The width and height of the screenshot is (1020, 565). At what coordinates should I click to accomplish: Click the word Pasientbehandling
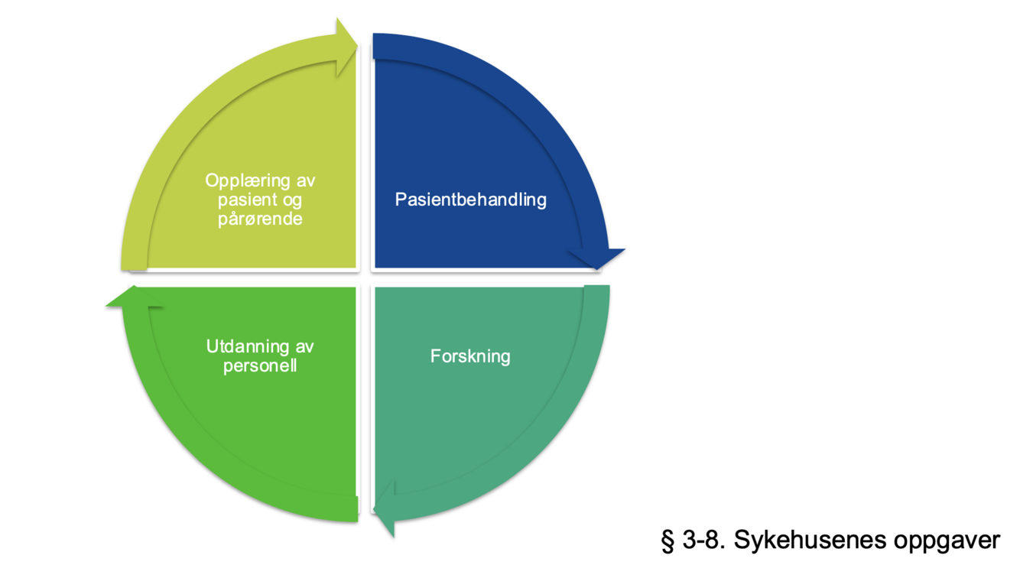point(470,200)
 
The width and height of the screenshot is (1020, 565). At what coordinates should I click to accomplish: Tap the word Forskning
point(470,356)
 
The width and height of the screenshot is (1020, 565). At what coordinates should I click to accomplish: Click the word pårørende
point(260,219)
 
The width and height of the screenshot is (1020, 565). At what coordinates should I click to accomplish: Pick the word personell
point(260,366)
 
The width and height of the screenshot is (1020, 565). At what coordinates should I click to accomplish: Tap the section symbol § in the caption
point(668,541)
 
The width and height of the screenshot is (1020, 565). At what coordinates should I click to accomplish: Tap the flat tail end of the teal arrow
point(596,291)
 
